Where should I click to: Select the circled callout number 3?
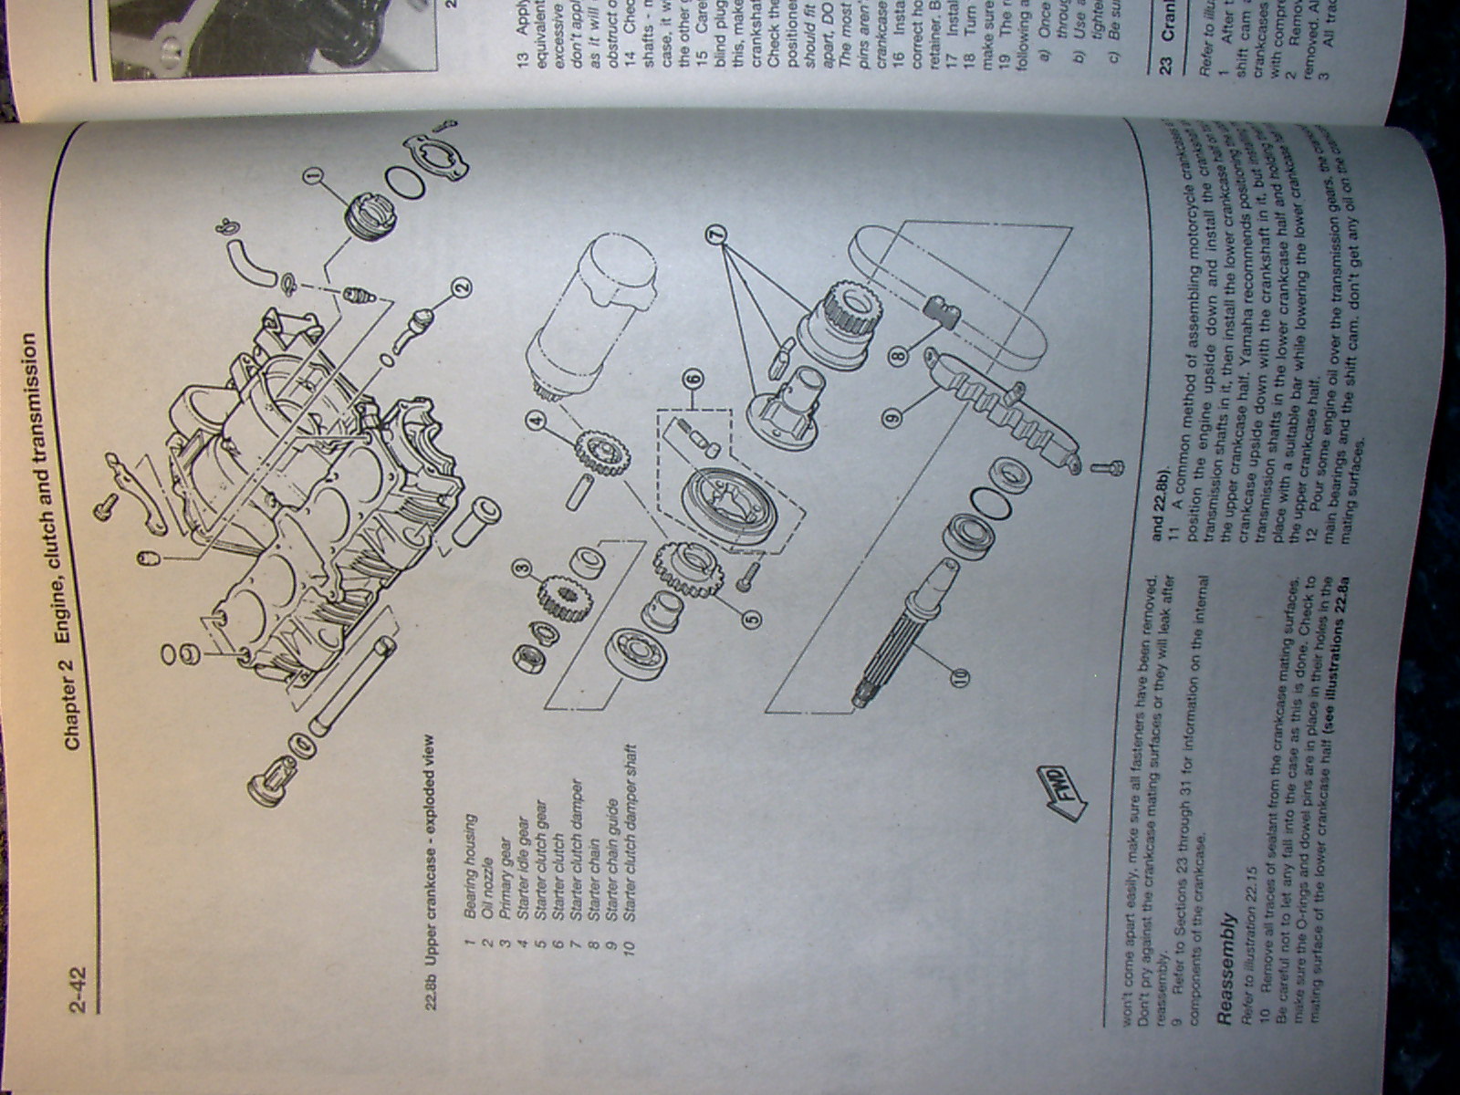523,572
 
